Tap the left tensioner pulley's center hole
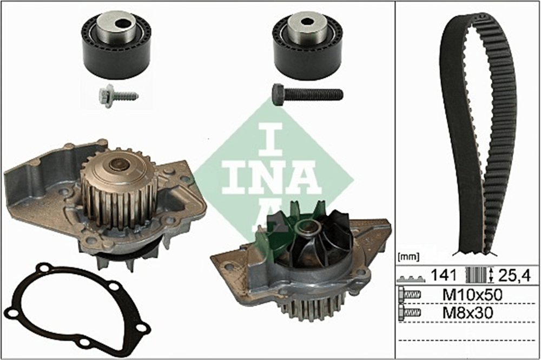(121, 24)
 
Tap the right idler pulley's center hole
(306, 22)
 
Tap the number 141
(444, 275)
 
